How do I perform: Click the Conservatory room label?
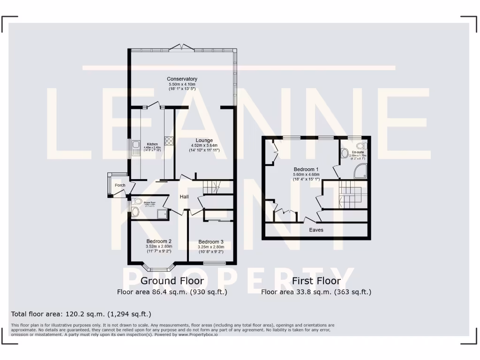(x=182, y=79)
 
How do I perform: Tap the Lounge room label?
(x=204, y=140)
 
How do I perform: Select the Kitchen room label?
(x=153, y=144)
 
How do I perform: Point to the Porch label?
(x=120, y=185)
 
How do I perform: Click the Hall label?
(x=184, y=196)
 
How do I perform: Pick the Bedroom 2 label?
(x=159, y=241)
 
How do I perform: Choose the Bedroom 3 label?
(x=211, y=242)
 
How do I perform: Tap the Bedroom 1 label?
(x=306, y=169)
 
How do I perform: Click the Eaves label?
(x=316, y=230)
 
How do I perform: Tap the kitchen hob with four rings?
(x=169, y=141)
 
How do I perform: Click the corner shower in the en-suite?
(x=360, y=172)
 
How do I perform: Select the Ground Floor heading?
(x=172, y=281)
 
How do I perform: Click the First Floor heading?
(x=316, y=281)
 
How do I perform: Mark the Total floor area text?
(x=81, y=314)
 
